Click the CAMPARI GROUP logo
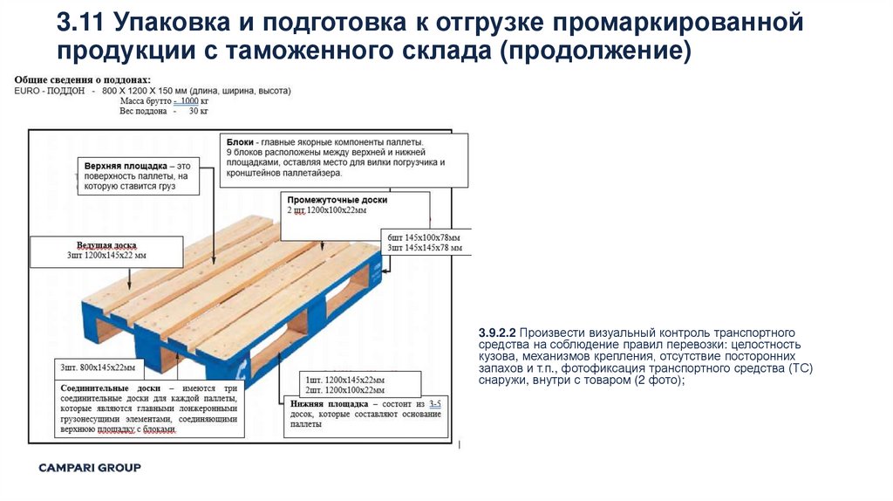pyautogui.click(x=89, y=468)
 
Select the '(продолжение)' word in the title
pyautogui.click(x=595, y=50)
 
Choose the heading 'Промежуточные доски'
pyautogui.click(x=337, y=200)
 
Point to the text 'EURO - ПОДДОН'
pyautogui.click(x=50, y=91)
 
